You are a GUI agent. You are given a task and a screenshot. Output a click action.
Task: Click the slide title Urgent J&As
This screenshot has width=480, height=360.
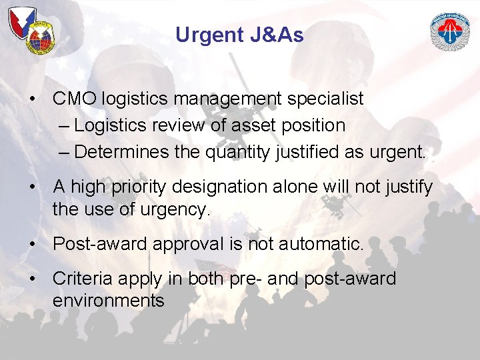click(x=239, y=35)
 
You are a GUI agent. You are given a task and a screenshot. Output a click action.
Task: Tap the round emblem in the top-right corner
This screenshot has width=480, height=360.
click(x=450, y=32)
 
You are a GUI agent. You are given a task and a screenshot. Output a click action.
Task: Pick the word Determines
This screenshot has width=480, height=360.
click(x=122, y=152)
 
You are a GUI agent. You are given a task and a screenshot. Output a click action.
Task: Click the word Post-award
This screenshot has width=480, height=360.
click(x=100, y=244)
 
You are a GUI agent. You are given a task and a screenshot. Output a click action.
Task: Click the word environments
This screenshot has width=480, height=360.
click(x=108, y=301)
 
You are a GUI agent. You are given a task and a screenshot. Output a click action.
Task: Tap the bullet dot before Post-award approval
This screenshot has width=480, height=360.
click(x=32, y=244)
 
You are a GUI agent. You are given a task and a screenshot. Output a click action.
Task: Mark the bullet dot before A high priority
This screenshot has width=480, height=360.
click(x=32, y=187)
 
